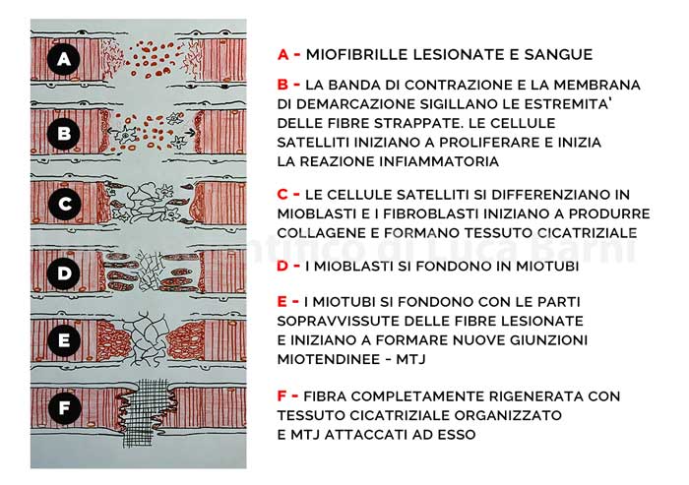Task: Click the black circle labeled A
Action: click(x=63, y=61)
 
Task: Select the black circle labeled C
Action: click(x=63, y=205)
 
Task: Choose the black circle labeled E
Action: click(x=63, y=340)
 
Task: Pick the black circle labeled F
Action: click(x=63, y=405)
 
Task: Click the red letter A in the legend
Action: click(x=283, y=53)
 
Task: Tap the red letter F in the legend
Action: click(x=283, y=396)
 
